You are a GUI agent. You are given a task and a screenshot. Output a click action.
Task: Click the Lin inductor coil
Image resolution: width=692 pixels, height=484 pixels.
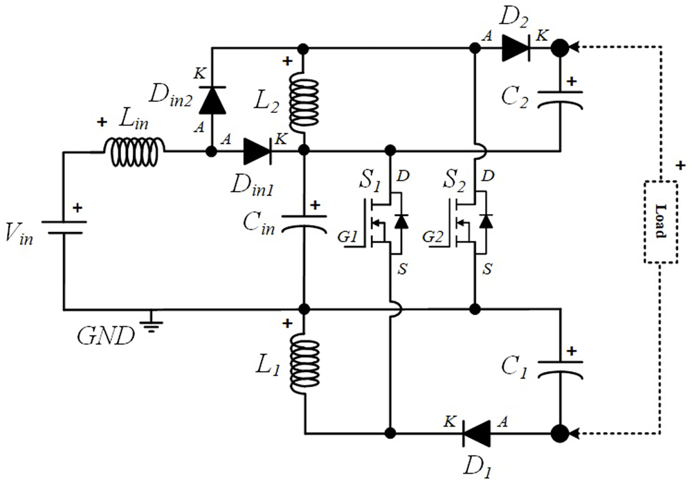(x=135, y=152)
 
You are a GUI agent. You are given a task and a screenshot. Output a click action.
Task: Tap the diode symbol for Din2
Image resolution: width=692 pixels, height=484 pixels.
(x=212, y=100)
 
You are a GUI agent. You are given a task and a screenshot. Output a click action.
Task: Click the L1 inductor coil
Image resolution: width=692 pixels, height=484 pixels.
(x=304, y=366)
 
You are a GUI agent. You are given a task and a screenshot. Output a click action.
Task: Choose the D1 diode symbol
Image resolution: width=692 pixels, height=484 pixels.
(x=476, y=433)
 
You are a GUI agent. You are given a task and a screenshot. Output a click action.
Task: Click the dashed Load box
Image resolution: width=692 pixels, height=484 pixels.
(x=661, y=222)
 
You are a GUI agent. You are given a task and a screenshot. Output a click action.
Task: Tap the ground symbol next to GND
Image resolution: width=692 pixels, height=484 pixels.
(x=152, y=321)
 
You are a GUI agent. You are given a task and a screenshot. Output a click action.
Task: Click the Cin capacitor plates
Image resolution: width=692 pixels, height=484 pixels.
(x=304, y=222)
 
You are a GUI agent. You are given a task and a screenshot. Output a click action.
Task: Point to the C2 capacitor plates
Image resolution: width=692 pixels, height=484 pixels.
(x=560, y=99)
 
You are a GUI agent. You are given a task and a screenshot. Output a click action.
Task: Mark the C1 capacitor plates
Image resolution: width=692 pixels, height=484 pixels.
(x=560, y=369)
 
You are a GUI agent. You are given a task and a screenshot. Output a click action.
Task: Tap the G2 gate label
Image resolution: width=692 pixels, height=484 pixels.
(x=432, y=237)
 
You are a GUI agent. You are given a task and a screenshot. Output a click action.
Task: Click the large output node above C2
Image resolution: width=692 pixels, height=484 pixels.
(x=561, y=47)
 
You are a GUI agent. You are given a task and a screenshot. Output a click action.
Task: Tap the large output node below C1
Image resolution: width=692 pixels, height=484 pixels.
(x=561, y=433)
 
